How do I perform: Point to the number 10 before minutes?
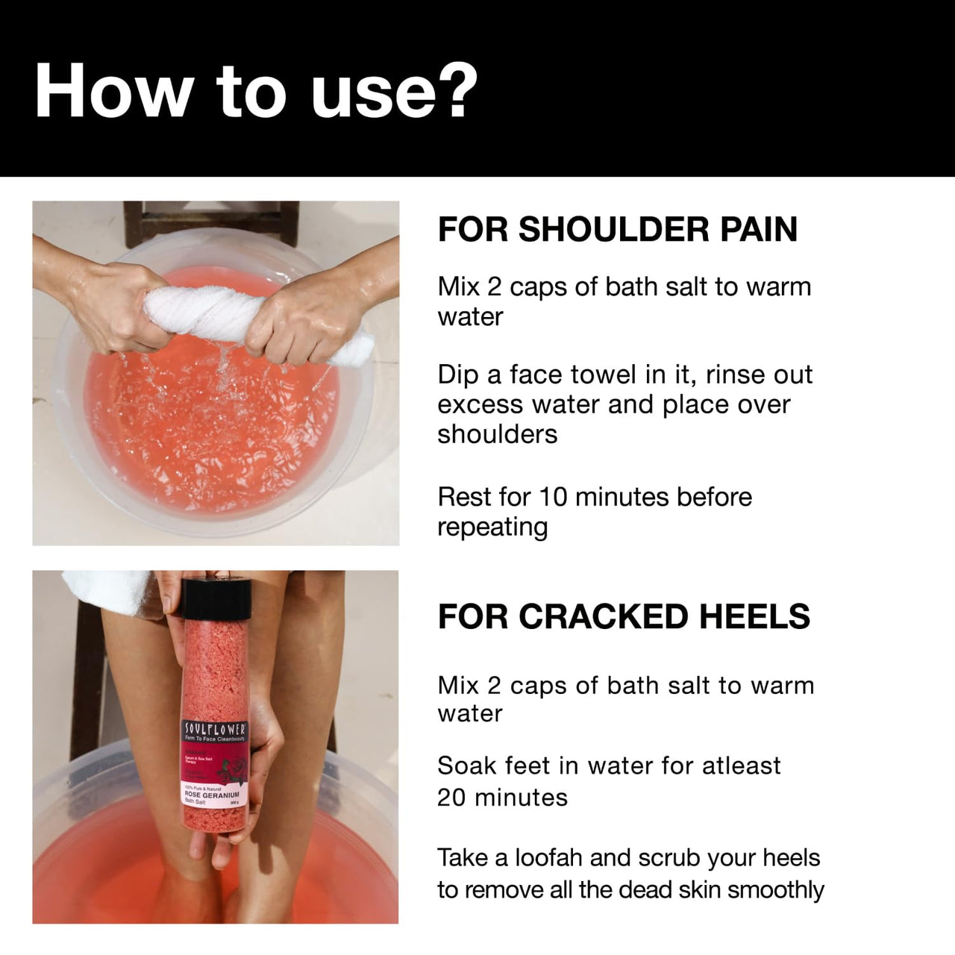click(x=553, y=497)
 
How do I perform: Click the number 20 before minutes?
click(x=451, y=798)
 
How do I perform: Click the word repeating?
click(x=492, y=527)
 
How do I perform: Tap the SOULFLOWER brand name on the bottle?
click(x=215, y=727)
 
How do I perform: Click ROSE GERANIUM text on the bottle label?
click(x=211, y=795)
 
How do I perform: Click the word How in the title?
click(x=113, y=90)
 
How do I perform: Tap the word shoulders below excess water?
click(x=497, y=434)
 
